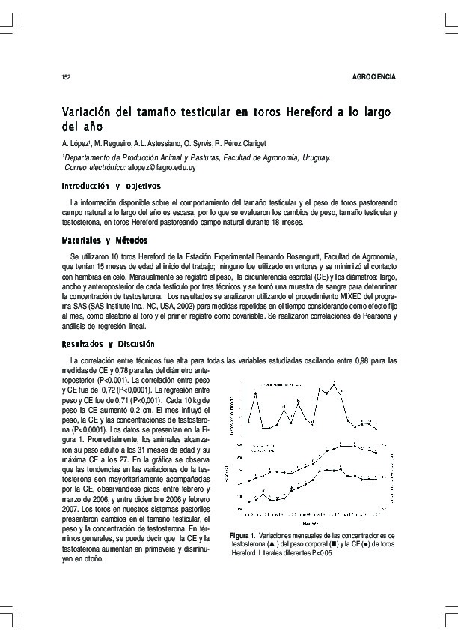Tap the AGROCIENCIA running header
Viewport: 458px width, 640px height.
373,78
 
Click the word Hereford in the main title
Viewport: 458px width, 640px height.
308,112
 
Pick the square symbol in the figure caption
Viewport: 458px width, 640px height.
343,545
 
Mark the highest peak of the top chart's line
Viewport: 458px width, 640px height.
335,383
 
